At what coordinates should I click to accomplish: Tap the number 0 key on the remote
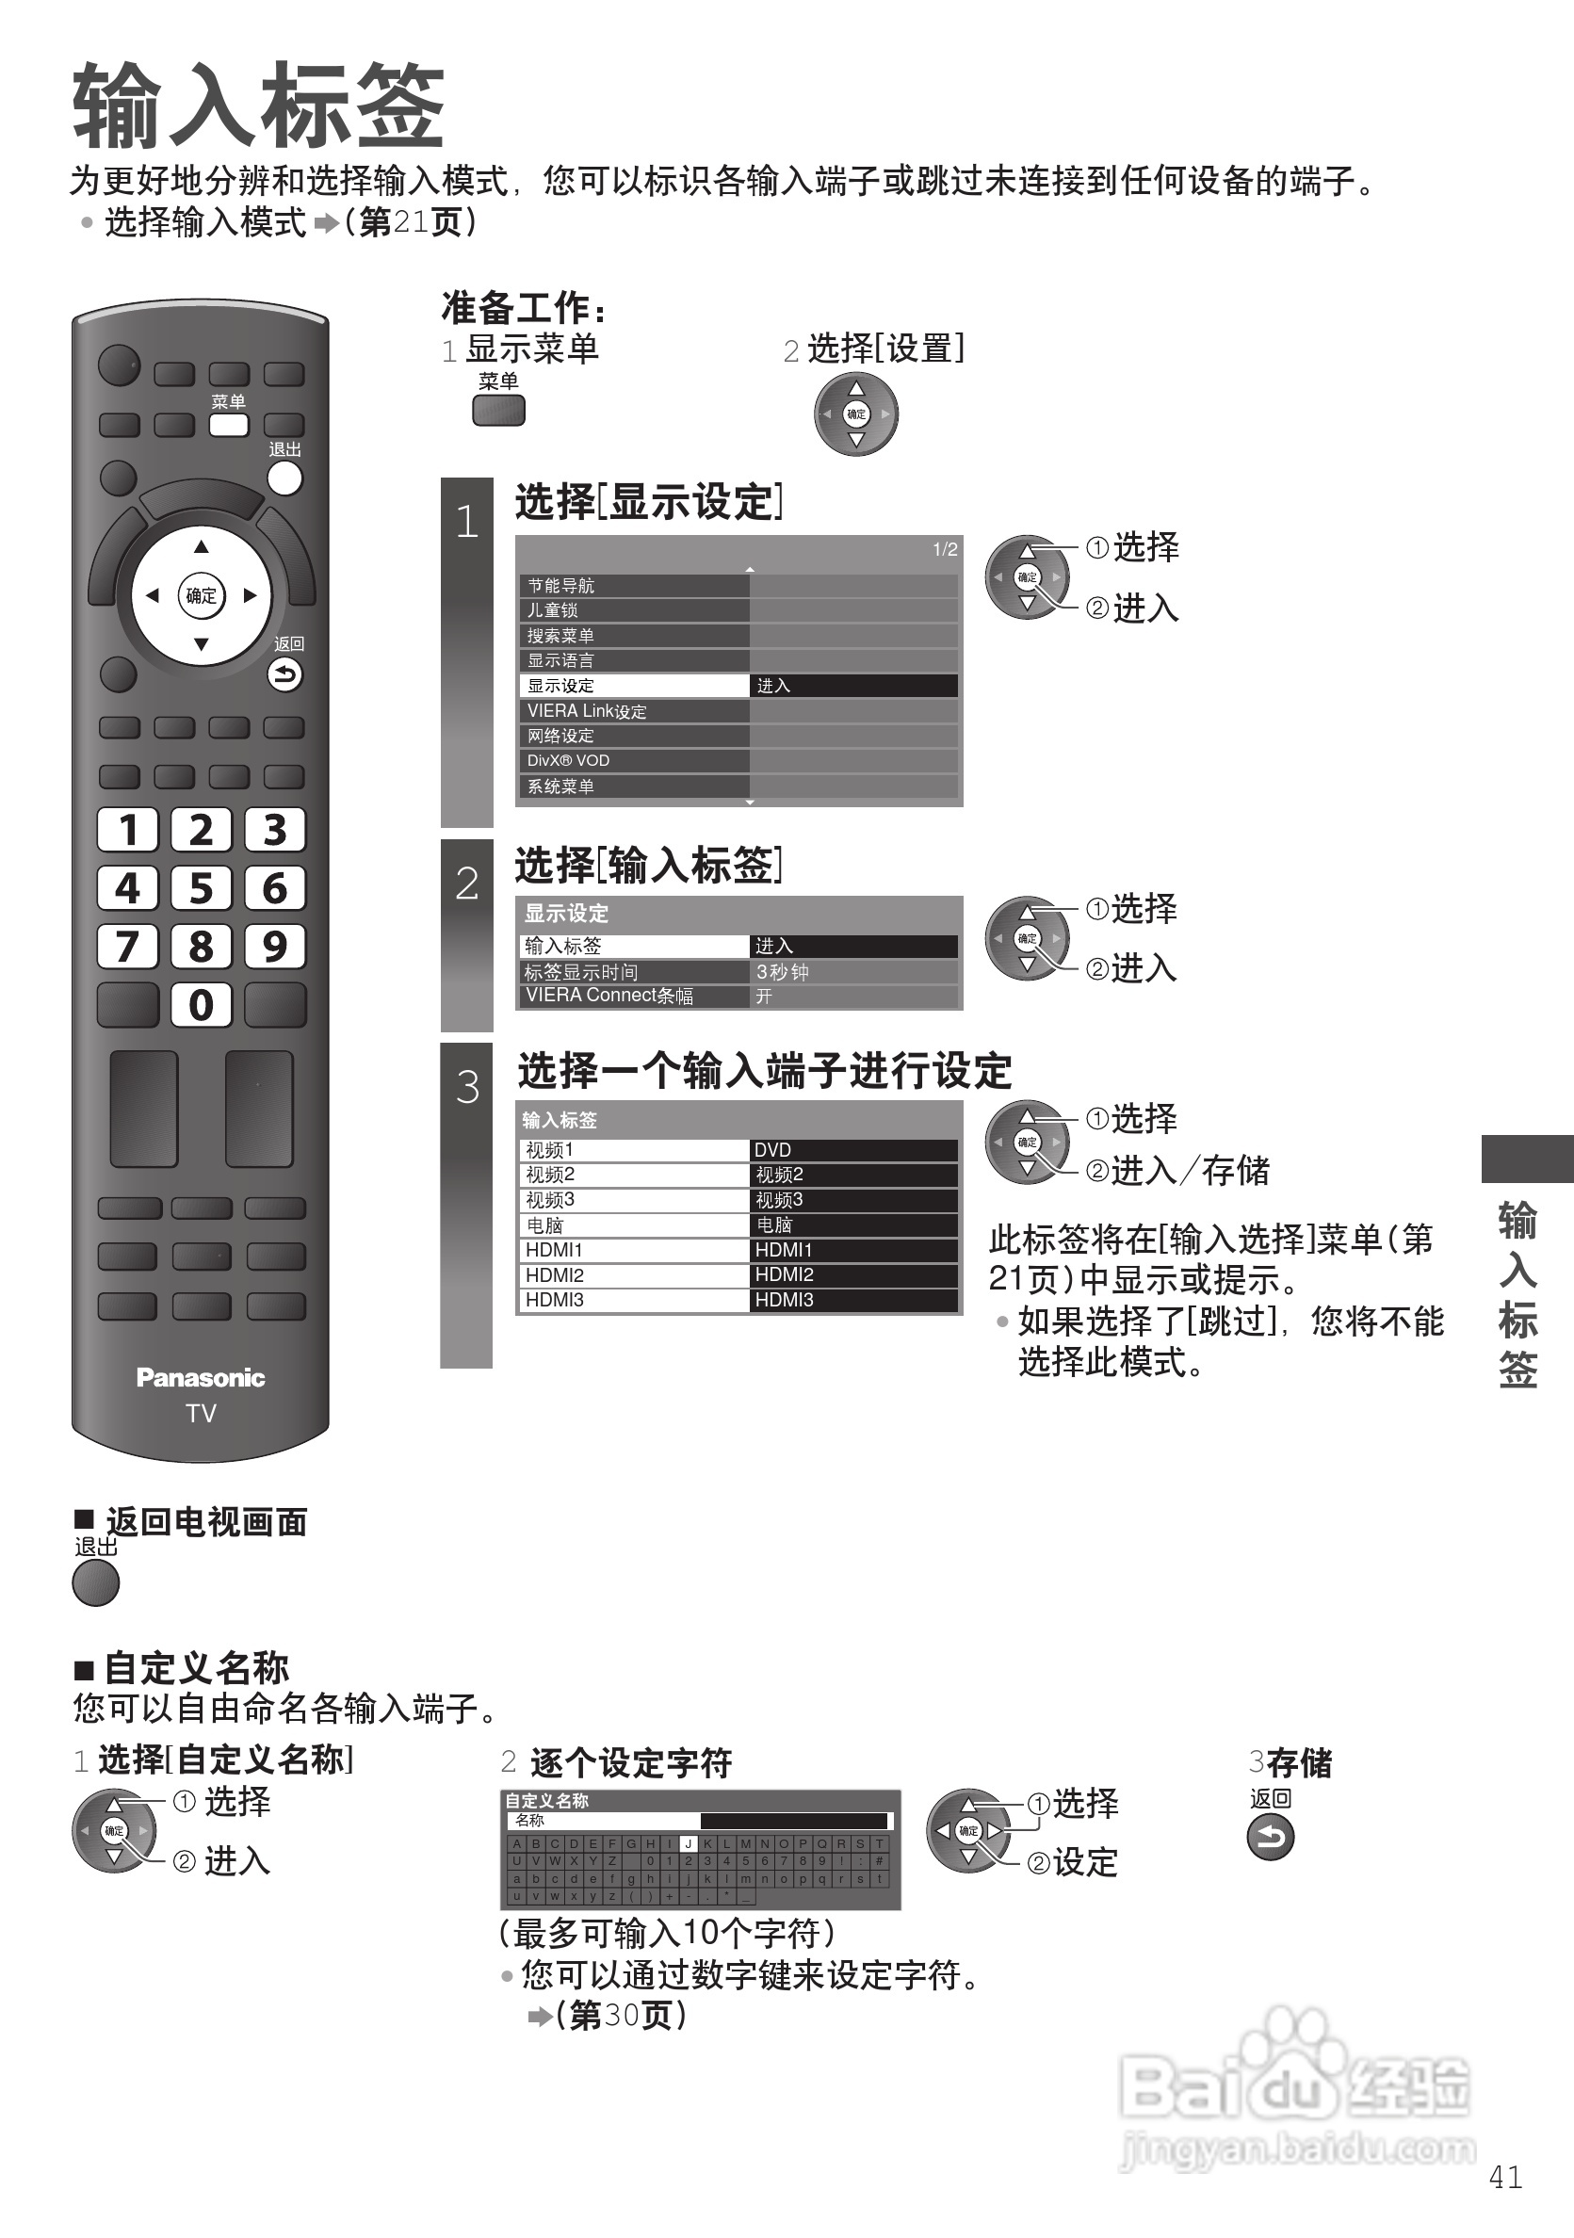click(x=201, y=1005)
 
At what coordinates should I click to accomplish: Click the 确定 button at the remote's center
click(x=201, y=595)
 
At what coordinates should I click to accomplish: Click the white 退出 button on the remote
click(x=284, y=478)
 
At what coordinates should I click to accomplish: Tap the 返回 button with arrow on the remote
click(x=284, y=674)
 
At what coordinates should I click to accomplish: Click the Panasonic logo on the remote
click(x=201, y=1377)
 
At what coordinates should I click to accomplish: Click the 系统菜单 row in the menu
click(x=634, y=787)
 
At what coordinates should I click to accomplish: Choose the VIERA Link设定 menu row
click(x=634, y=711)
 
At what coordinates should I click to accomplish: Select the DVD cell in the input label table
click(x=852, y=1150)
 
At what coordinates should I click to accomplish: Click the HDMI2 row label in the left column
click(x=634, y=1275)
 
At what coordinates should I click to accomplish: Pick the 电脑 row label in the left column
click(x=634, y=1225)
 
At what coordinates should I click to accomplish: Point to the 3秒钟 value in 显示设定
click(x=852, y=972)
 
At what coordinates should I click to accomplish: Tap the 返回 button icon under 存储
click(x=1270, y=1839)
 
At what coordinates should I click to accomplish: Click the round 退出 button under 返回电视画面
click(x=95, y=1583)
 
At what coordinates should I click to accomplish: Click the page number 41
click(x=1506, y=2178)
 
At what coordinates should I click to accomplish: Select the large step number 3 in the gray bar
click(x=467, y=1087)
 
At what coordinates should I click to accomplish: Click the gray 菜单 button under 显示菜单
click(x=498, y=411)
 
